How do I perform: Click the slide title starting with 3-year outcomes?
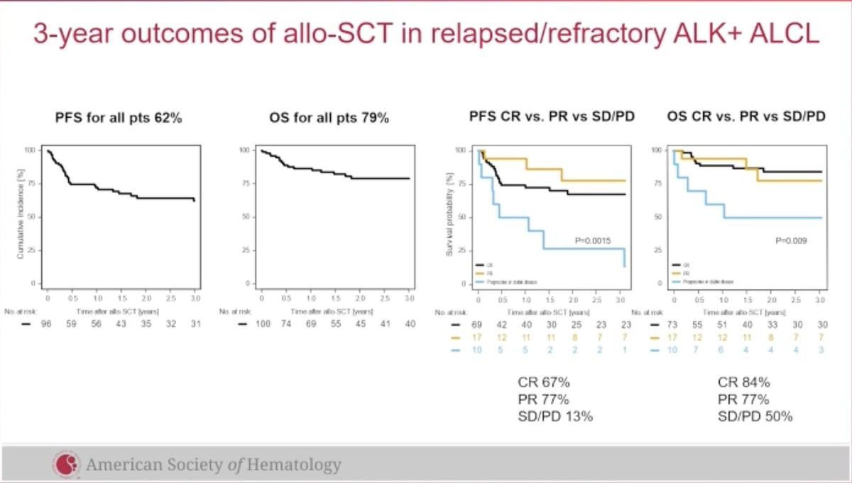pos(426,34)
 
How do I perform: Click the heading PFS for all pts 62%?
pos(119,118)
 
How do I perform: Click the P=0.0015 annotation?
pos(593,241)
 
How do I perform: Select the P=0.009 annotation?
pos(791,241)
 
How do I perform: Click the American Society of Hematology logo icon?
pos(65,465)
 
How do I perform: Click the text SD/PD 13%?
pos(555,416)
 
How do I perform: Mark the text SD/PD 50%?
pos(755,416)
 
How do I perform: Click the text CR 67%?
pos(544,383)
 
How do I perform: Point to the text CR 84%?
pos(744,383)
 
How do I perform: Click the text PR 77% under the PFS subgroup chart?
pos(544,399)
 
